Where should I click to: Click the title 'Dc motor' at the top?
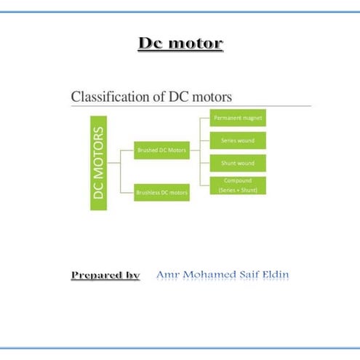click(180, 44)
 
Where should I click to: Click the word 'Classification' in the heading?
click(106, 96)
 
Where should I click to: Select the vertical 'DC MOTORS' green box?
click(99, 162)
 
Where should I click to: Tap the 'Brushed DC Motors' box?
click(161, 151)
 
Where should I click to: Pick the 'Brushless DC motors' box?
click(161, 193)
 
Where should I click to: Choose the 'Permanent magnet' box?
click(239, 116)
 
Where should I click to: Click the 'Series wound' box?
click(239, 140)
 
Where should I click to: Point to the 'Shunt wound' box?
click(239, 163)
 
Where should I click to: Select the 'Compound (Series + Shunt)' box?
click(239, 185)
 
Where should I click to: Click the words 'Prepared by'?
click(105, 275)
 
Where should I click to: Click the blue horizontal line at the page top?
click(180, 12)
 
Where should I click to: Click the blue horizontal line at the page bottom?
click(180, 348)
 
